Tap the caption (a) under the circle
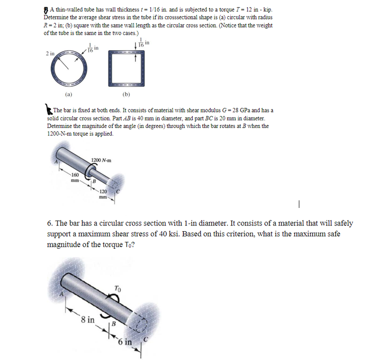point(69,94)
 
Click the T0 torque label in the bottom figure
point(117,288)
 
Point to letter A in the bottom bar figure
point(60,293)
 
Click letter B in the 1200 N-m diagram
point(94,181)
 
